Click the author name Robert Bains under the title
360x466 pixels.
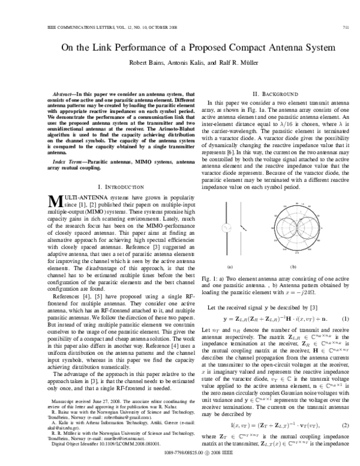(x=157, y=62)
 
